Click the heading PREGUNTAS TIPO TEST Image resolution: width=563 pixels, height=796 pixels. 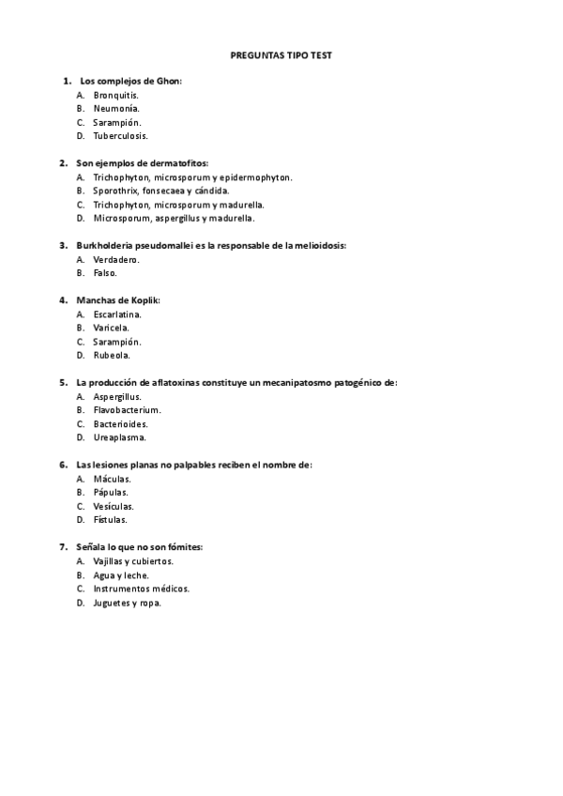281,55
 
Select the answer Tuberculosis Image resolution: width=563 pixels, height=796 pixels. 120,136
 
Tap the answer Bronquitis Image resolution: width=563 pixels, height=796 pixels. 116,95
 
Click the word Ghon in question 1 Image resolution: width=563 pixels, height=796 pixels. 167,81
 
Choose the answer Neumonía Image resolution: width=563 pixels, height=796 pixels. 116,109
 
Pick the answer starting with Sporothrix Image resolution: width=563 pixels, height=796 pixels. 160,191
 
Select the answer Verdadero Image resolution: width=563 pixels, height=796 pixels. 117,259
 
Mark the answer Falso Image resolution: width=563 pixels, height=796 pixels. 105,273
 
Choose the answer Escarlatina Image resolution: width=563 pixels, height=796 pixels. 118,314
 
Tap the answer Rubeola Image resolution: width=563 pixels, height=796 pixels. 112,356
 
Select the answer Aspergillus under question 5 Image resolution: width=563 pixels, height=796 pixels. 117,397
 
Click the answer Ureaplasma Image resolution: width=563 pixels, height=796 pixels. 119,437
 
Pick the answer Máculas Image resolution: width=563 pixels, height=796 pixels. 113,479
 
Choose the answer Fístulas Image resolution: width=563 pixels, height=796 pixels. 111,520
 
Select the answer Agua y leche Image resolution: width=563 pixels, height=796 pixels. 121,575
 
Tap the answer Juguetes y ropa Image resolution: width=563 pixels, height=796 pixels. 127,603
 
